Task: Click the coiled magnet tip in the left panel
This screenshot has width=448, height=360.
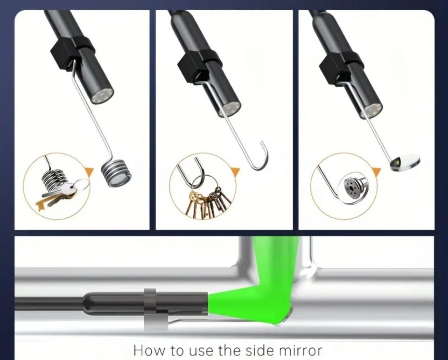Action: point(117,173)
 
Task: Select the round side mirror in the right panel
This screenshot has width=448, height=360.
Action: point(405,162)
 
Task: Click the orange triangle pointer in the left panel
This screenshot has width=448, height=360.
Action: point(89,171)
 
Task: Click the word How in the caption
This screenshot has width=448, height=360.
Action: point(149,350)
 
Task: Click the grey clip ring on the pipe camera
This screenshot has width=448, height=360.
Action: point(150,308)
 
